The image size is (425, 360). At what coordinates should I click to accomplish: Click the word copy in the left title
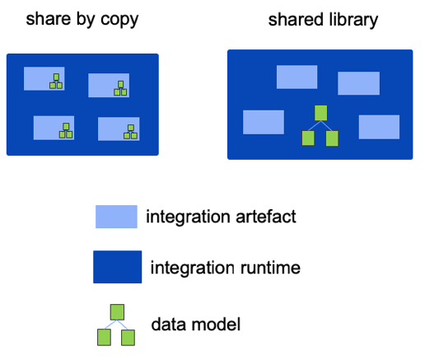(x=119, y=20)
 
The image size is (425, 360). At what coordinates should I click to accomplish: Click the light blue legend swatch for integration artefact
(x=116, y=217)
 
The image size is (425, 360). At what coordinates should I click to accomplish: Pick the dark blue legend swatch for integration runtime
(x=118, y=267)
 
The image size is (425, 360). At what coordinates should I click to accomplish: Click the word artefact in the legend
(x=266, y=217)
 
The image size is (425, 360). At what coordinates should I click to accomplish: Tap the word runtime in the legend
(x=270, y=268)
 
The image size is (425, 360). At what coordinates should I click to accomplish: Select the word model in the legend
(x=216, y=325)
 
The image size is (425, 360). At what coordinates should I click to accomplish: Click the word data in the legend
(x=169, y=325)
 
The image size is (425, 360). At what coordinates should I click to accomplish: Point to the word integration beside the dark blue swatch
(x=193, y=269)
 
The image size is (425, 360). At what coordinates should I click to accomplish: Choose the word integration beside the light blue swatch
(x=188, y=217)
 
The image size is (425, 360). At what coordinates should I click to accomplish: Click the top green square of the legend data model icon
(x=117, y=312)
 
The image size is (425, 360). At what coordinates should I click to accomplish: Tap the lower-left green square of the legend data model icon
(x=105, y=338)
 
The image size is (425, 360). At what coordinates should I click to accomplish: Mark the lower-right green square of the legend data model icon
(x=128, y=338)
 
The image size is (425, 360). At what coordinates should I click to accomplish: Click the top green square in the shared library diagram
(x=320, y=113)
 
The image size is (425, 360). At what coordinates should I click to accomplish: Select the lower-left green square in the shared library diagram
(x=308, y=138)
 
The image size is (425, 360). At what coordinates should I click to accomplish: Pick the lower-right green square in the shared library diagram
(x=332, y=138)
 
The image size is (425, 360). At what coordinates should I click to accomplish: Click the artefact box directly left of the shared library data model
(x=264, y=122)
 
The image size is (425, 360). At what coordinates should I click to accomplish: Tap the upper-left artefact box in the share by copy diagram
(x=44, y=78)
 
